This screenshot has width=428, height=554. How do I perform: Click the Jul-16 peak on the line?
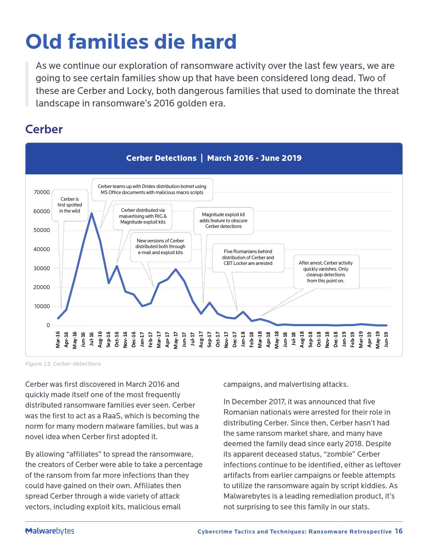point(91,213)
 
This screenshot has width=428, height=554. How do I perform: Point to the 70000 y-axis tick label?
point(42,192)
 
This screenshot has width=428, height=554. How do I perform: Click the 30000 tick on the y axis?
point(42,268)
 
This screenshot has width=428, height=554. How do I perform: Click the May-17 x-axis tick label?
point(176,340)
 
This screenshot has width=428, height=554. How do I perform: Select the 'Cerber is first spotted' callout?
point(70,205)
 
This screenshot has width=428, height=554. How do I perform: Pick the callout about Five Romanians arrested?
point(248,257)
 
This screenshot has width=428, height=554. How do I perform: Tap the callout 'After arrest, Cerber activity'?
point(326,272)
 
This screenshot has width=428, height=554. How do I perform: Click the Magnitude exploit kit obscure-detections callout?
point(223,220)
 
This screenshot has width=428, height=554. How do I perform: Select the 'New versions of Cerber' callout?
point(160,246)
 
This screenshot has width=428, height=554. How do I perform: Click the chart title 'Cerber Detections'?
point(161,158)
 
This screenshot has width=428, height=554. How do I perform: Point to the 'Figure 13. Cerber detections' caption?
point(63,364)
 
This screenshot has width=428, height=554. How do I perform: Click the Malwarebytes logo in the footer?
point(50,531)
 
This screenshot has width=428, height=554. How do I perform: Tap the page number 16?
point(398,531)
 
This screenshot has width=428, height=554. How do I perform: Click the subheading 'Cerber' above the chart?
point(44,129)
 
